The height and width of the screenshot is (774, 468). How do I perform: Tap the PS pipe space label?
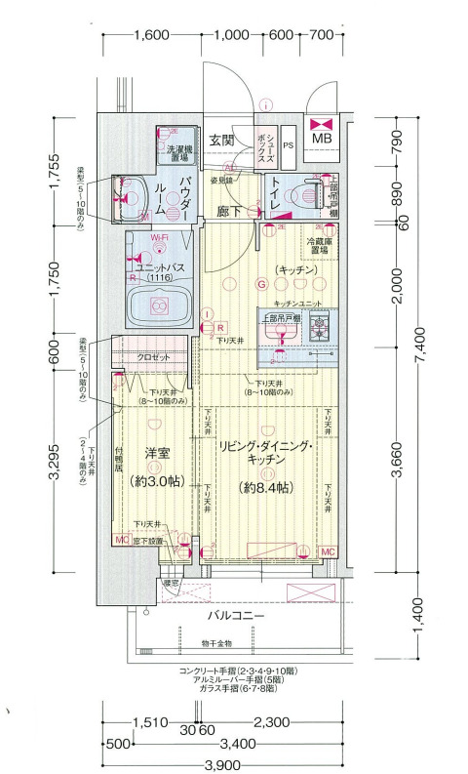pos(288,145)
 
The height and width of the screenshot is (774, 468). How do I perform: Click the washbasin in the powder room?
pos(130,188)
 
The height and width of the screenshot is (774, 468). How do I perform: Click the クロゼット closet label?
pos(153,358)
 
